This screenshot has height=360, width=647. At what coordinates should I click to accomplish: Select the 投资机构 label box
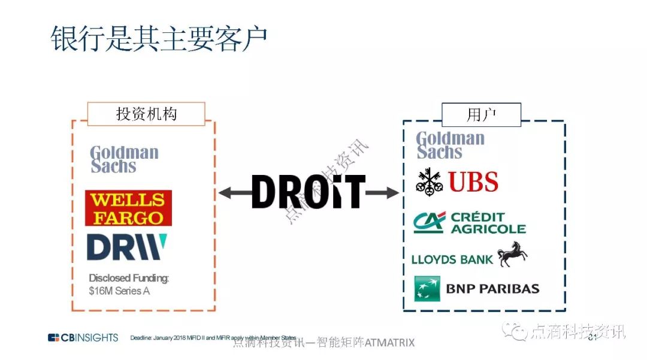click(146, 114)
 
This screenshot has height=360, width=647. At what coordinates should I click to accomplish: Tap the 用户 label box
click(481, 114)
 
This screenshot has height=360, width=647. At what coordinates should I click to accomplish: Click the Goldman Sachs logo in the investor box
click(124, 159)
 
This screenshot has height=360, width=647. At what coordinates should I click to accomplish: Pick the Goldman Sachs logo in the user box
click(450, 145)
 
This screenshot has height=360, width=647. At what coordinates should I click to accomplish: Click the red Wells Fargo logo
click(128, 208)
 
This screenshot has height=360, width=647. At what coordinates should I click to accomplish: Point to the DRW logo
click(126, 247)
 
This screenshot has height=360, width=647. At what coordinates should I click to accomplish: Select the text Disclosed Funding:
click(129, 278)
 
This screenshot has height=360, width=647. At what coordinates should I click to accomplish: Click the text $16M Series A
click(119, 291)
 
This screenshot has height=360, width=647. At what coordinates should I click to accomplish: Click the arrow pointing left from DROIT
click(234, 192)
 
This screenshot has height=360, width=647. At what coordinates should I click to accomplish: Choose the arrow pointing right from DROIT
click(382, 192)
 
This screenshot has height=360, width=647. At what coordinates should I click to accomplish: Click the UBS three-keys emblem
click(430, 181)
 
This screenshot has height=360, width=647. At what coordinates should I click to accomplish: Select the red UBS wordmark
click(473, 181)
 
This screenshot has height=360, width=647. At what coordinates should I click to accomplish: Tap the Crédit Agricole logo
click(469, 223)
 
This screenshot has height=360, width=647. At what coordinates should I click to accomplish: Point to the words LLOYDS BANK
click(452, 259)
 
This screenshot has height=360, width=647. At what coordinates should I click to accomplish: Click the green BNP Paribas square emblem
click(427, 289)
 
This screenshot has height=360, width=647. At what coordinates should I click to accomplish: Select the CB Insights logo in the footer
click(83, 338)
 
